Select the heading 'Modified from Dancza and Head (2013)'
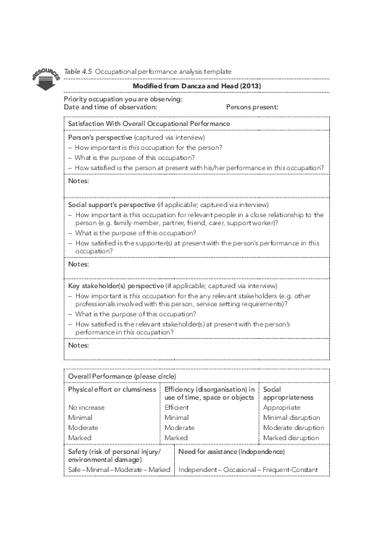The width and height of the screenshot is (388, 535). coord(197,86)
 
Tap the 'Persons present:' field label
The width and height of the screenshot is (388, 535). coord(252,107)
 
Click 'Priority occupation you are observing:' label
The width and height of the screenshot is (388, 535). coord(123,99)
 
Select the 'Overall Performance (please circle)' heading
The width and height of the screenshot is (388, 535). coord(122,376)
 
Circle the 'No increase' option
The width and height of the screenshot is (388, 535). coord(86,408)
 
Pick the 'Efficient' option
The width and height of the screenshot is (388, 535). coord(176,408)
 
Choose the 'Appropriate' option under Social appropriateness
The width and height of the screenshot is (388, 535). coord(281,408)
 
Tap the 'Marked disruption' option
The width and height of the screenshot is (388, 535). coord(291,438)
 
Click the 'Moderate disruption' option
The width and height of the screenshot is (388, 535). coord(293,428)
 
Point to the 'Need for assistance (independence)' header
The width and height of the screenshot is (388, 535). coord(231,452)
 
